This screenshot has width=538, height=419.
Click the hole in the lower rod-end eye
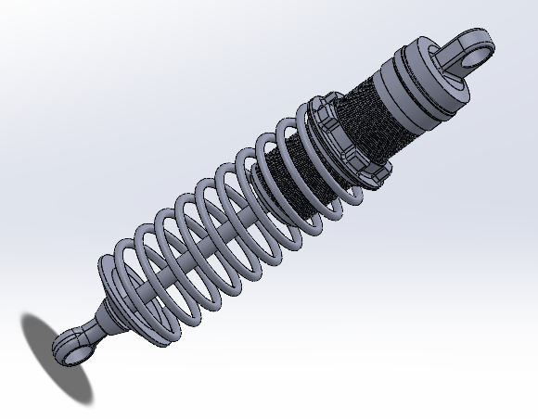(x=66, y=348)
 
